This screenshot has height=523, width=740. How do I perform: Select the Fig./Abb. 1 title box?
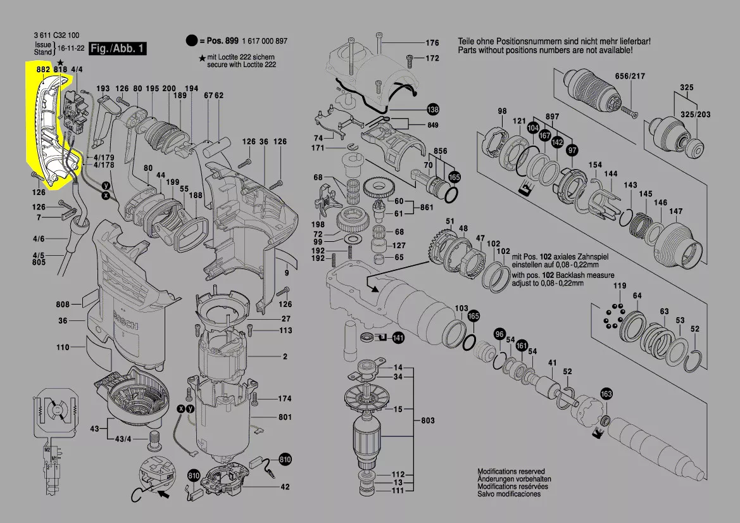point(118,49)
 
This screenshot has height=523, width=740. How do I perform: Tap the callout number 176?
point(432,43)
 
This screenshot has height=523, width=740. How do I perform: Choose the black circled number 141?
point(398,338)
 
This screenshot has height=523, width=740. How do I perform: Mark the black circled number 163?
point(606,394)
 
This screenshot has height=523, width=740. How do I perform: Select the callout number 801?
point(284,417)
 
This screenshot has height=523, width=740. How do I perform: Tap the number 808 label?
point(63,303)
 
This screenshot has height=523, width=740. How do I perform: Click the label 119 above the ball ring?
point(619,286)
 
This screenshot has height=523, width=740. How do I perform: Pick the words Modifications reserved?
point(511,472)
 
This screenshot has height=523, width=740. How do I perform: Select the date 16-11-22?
point(71,48)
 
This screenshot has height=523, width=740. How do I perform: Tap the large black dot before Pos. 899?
point(191,41)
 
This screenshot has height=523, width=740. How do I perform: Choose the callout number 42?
point(285,487)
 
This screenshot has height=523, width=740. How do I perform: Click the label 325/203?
point(694,114)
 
